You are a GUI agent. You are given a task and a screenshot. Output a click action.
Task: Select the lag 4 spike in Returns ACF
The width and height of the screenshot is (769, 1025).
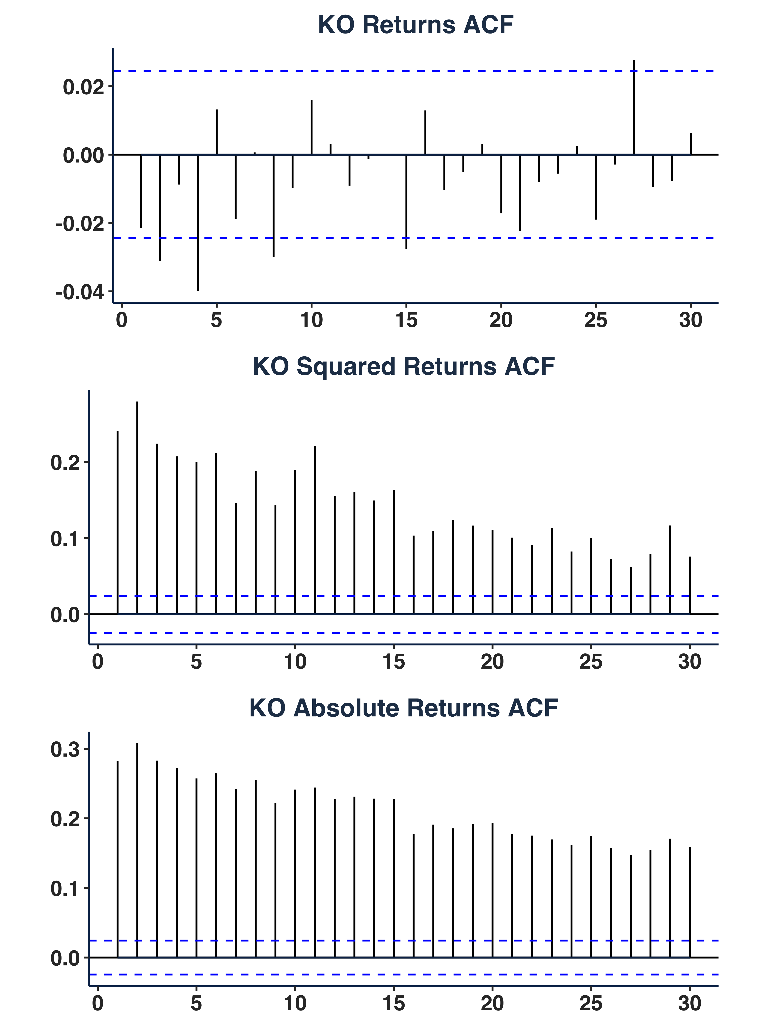coord(197,223)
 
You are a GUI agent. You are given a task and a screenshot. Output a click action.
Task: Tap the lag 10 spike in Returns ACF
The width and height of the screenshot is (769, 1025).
coord(311,127)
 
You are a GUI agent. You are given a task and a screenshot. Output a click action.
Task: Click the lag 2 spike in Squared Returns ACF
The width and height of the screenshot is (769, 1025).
coord(137,507)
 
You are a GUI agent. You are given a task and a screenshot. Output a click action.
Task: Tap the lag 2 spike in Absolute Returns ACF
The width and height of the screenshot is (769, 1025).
coord(137,850)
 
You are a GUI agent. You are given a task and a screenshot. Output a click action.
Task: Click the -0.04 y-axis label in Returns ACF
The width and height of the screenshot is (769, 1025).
coord(80,292)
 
